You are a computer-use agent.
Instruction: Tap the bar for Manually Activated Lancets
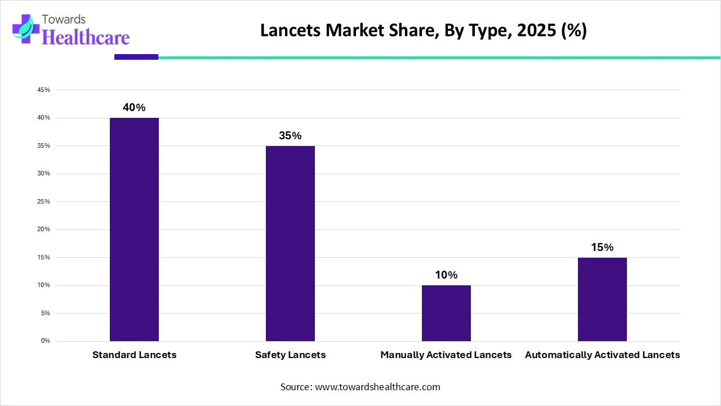pos(446,313)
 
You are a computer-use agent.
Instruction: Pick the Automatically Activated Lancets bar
pos(602,299)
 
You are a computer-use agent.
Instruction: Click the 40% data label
pos(134,108)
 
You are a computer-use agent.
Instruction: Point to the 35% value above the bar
pos(290,136)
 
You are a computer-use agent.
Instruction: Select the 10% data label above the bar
pos(446,275)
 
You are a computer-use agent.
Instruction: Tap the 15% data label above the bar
pos(602,247)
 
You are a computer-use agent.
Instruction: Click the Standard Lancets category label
pos(134,355)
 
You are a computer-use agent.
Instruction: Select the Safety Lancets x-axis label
pos(290,355)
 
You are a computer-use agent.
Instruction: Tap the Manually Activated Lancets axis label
pos(446,355)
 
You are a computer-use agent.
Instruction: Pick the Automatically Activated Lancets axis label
pos(602,355)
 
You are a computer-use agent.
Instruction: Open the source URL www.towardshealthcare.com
pos(376,387)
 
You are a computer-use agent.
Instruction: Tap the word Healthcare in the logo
pos(86,37)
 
